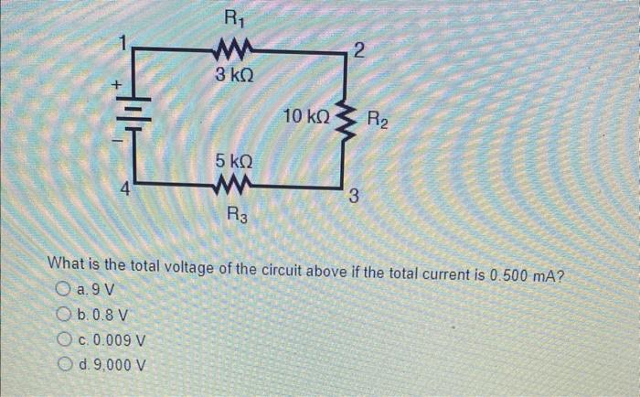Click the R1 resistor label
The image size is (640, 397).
pyautogui.click(x=235, y=16)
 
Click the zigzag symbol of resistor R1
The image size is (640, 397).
pyautogui.click(x=235, y=50)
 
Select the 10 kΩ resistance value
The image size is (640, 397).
pyautogui.click(x=306, y=116)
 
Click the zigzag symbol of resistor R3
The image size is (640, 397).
pyautogui.click(x=235, y=187)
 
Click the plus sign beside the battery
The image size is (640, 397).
pyautogui.click(x=116, y=84)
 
